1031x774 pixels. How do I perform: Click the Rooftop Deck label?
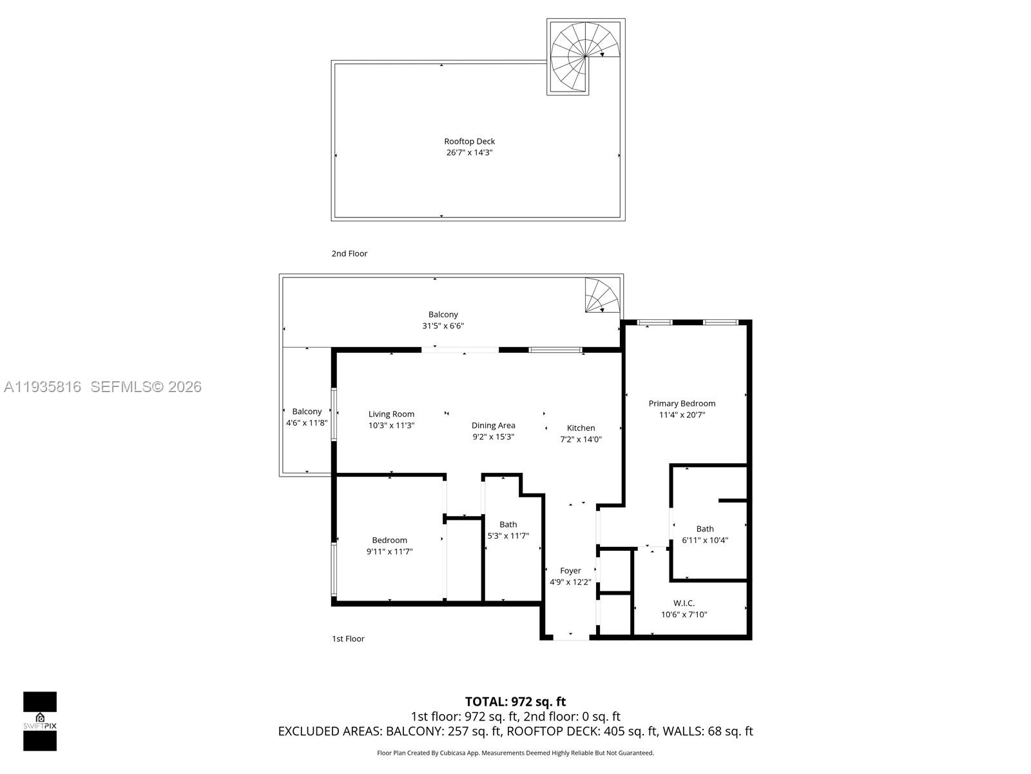[469, 141]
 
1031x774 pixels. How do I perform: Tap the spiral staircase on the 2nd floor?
[585, 57]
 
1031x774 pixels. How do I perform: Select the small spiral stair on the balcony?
[602, 296]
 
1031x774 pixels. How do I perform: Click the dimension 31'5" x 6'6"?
[443, 326]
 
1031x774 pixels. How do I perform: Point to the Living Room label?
[391, 414]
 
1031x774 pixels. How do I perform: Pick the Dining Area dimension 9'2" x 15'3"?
[493, 437]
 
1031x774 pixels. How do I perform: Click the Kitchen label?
[581, 428]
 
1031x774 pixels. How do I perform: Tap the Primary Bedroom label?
[682, 403]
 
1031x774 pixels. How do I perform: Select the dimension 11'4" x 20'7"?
[682, 415]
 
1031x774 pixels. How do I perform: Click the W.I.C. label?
[684, 603]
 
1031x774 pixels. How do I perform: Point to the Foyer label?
[570, 570]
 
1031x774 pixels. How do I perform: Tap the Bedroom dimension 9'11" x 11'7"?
[389, 551]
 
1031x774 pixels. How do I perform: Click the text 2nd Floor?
[349, 253]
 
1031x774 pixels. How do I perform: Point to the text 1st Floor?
[348, 639]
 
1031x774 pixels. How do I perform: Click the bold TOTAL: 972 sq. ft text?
[515, 701]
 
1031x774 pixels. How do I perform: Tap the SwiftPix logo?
[40, 721]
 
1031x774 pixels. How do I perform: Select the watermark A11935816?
[43, 386]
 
